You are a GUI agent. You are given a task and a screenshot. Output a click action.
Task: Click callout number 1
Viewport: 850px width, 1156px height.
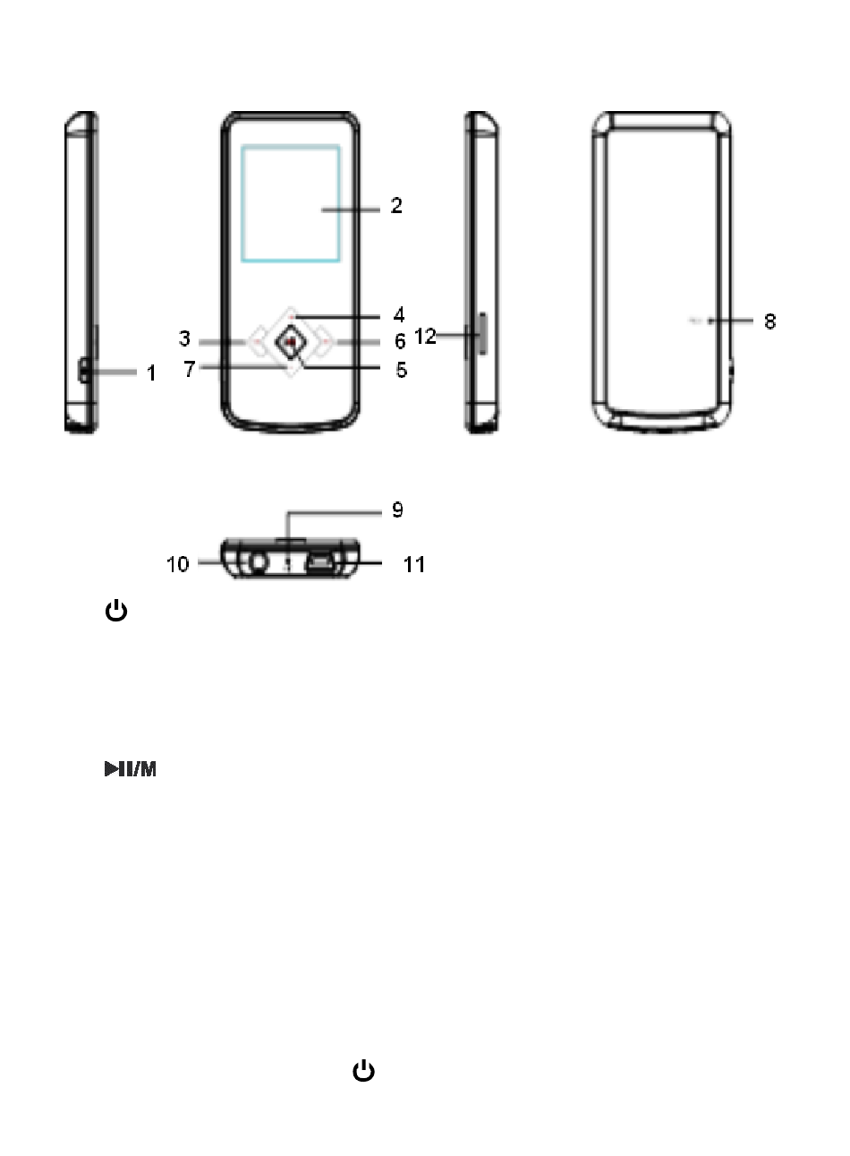pos(151,373)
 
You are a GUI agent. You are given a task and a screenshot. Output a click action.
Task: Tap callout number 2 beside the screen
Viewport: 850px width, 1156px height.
pos(396,205)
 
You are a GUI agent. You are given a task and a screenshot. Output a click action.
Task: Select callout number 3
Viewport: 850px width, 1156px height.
pos(184,338)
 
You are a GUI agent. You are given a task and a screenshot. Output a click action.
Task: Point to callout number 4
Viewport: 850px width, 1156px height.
pos(399,314)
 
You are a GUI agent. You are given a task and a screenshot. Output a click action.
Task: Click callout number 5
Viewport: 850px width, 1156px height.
pos(401,370)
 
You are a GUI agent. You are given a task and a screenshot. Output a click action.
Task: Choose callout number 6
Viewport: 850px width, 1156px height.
pos(400,341)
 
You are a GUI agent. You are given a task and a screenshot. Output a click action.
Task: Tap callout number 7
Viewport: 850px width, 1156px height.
pos(190,369)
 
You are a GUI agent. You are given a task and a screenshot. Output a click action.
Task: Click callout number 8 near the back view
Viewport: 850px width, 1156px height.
pos(769,321)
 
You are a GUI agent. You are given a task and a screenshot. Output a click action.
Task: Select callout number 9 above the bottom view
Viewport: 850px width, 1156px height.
pos(397,509)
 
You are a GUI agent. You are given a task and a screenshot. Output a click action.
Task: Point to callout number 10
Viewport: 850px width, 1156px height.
pos(178,564)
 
